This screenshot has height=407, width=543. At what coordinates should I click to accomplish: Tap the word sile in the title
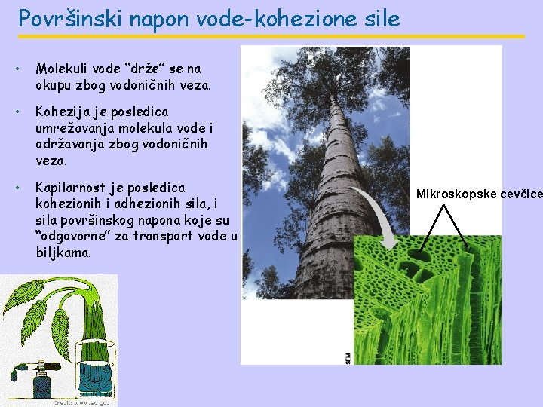(379, 18)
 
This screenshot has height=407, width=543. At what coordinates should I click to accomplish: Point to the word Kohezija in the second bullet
(63, 112)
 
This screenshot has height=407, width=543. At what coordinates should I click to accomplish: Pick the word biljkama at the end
(63, 252)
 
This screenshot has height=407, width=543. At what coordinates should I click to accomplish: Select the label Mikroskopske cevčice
(479, 194)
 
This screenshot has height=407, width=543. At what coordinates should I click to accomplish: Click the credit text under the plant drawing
(83, 402)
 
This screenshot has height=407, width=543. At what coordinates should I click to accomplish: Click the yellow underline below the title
(271, 36)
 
